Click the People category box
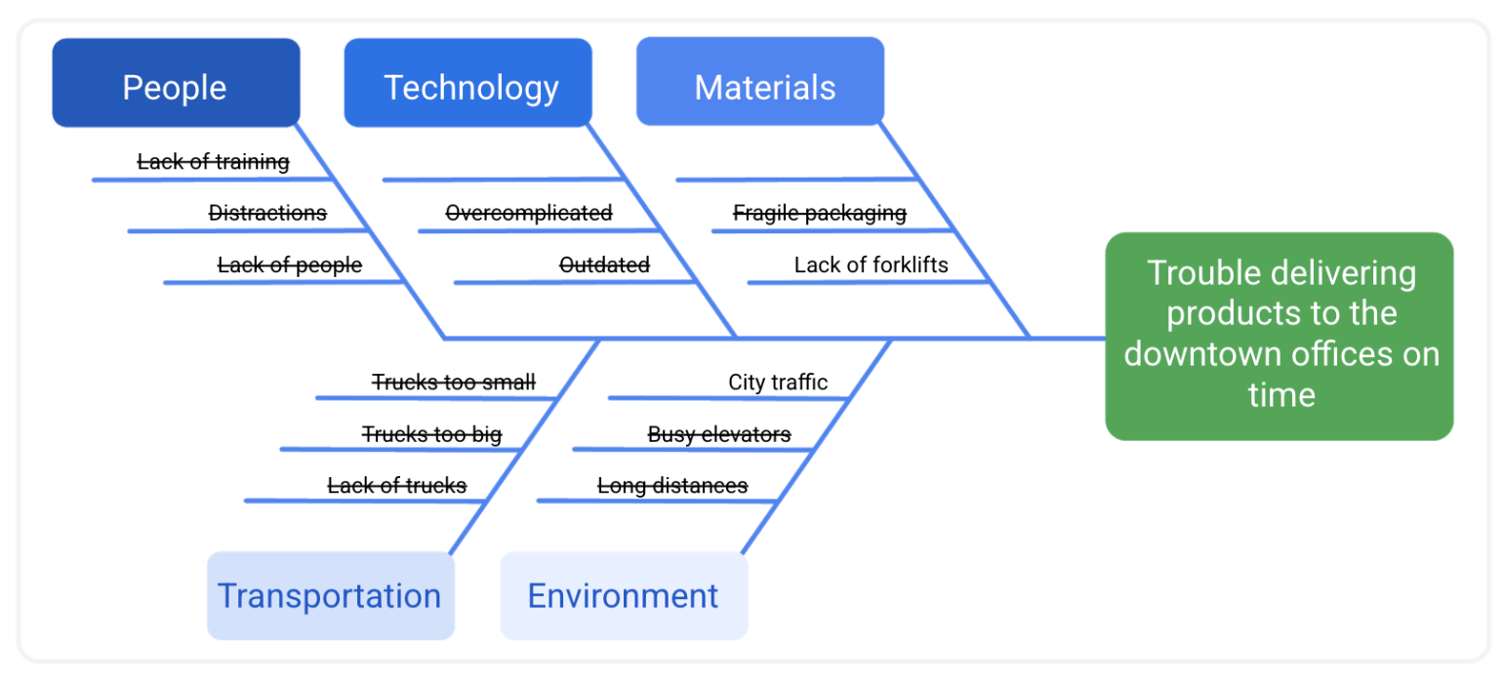[176, 83]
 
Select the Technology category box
[468, 83]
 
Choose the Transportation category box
[330, 595]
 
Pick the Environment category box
[624, 595]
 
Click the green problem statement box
[1279, 336]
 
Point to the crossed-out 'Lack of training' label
[213, 161]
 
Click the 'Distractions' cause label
[267, 213]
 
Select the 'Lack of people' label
[289, 264]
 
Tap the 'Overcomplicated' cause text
[529, 213]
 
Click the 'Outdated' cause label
[604, 264]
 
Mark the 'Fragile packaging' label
[820, 213]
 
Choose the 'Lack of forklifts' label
[871, 264]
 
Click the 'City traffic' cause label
[778, 382]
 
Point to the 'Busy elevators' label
[719, 433]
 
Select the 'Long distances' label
[672, 485]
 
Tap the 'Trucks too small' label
[454, 382]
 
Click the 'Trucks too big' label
[431, 433]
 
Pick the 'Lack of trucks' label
[396, 485]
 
